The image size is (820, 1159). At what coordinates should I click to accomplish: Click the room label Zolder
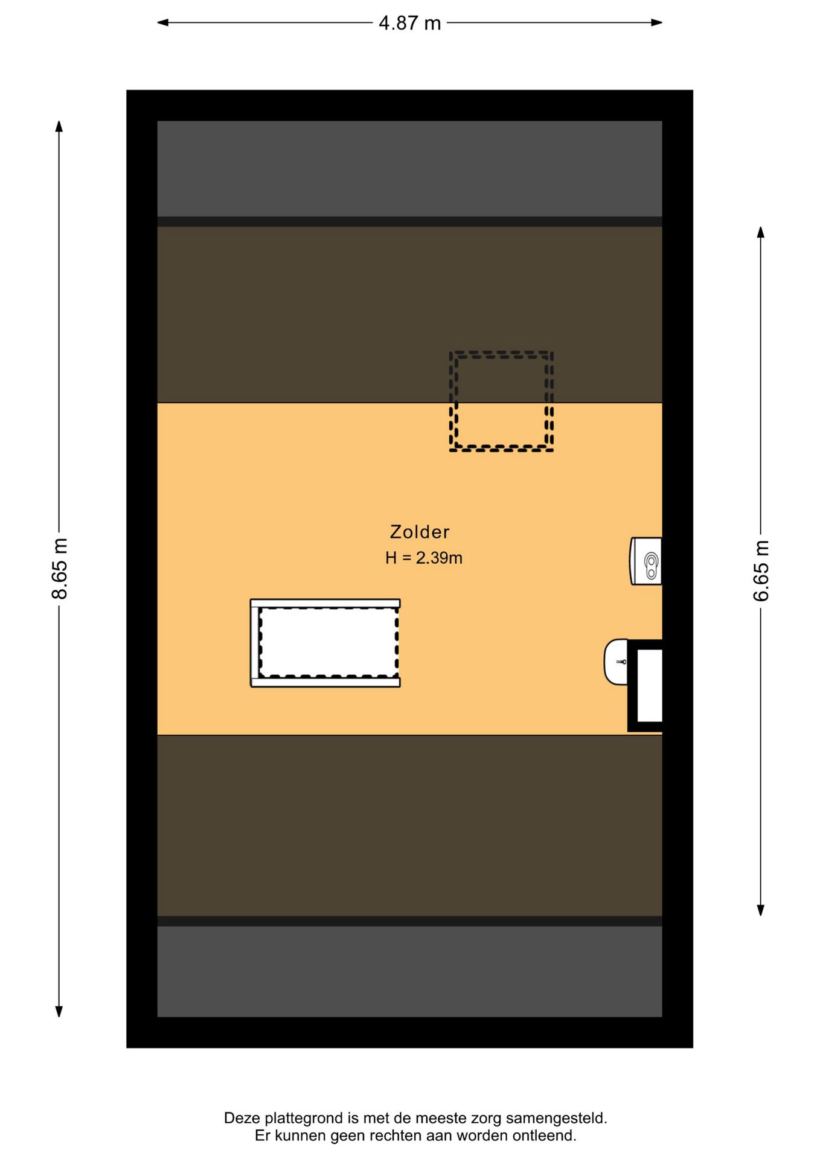(420, 532)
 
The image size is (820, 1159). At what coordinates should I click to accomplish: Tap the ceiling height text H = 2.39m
(424, 558)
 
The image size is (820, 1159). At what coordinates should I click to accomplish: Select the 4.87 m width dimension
(410, 23)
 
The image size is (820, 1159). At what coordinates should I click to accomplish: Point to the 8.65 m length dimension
(59, 568)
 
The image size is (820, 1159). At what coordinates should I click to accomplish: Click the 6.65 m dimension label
(761, 571)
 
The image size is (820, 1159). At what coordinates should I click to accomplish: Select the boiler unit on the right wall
(646, 561)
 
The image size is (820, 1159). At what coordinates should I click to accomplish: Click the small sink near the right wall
(616, 662)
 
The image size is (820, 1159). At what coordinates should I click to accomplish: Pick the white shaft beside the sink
(650, 685)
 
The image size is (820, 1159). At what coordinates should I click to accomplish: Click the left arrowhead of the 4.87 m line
(162, 23)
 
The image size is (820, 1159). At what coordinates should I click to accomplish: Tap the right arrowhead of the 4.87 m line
(657, 23)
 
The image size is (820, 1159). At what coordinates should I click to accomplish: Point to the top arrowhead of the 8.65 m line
(59, 126)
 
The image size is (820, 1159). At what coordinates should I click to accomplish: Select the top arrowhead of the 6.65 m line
(761, 232)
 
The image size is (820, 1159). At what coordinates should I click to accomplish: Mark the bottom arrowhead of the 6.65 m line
(761, 910)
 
